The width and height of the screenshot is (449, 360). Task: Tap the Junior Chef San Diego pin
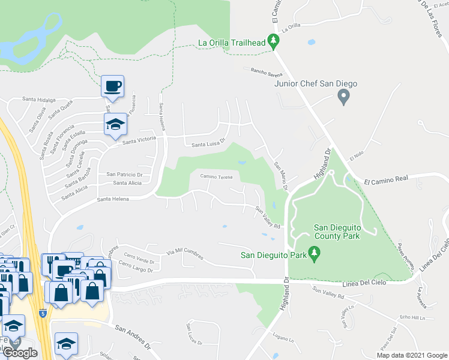tap(343, 96)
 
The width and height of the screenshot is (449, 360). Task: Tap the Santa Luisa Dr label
tap(208, 144)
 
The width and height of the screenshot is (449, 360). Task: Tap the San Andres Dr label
tap(133, 337)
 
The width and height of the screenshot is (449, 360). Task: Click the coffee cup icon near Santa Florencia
tap(112, 86)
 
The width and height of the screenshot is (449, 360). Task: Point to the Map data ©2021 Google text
tap(411, 355)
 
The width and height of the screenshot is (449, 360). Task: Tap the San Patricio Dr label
tap(124, 174)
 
